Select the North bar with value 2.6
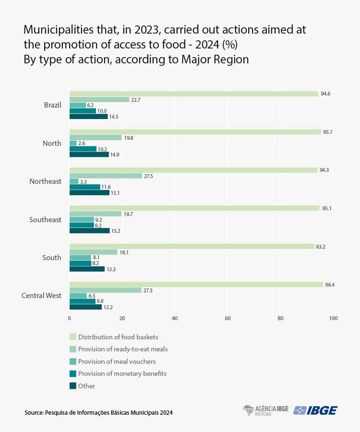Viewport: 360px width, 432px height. tap(73, 143)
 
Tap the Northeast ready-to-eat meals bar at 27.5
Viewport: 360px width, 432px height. tap(106, 176)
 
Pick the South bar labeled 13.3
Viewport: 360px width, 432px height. tap(87, 269)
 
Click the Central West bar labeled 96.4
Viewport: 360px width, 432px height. tap(196, 285)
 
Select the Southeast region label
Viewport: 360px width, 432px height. tap(46, 220)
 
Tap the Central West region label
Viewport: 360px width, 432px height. tap(41, 296)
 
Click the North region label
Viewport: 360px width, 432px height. tap(52, 144)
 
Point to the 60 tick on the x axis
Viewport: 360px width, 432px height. tap(228, 318)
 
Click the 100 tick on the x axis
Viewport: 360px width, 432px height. tap(333, 318)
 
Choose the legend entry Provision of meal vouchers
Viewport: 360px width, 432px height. tap(117, 361)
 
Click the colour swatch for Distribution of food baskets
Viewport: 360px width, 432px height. tap(73, 337)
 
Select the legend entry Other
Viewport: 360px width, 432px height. tap(86, 386)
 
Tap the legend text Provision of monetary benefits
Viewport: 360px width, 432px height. tap(122, 373)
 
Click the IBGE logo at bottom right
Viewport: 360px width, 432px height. tap(315, 410)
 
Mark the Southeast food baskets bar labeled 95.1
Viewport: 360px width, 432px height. tap(194, 208)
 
